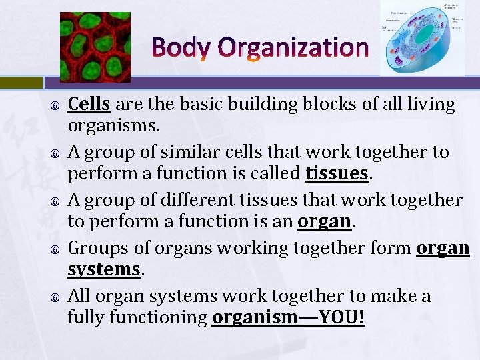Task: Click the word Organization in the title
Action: coord(293,47)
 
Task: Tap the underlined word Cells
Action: coord(89,104)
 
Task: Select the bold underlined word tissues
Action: coord(337,173)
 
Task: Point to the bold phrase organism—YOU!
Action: coord(288,317)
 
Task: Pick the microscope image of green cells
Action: coord(95,47)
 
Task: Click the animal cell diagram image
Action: coord(422,38)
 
